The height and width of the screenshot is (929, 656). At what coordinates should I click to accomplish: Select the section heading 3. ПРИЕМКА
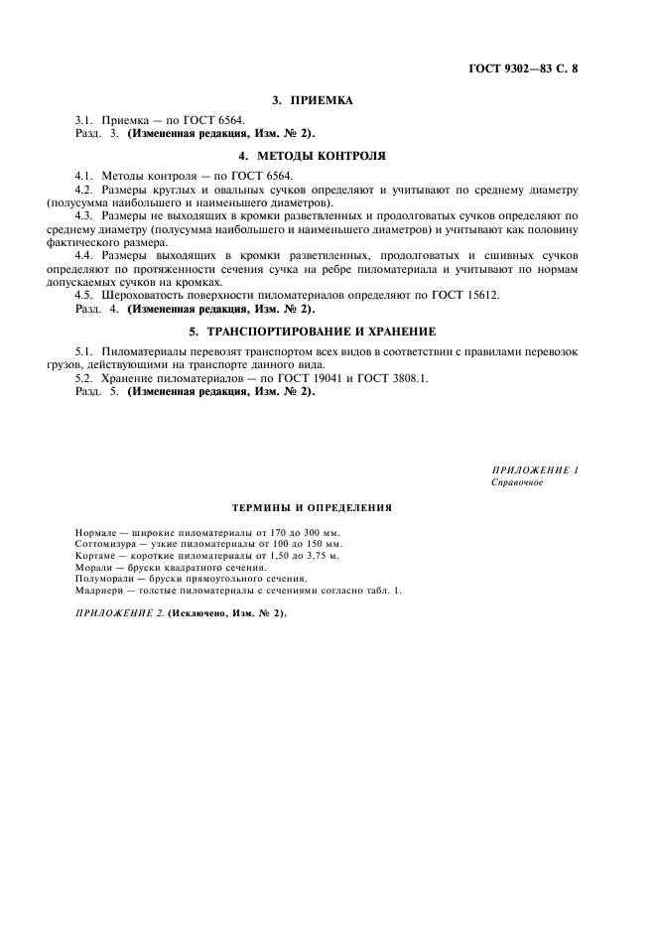coord(313,100)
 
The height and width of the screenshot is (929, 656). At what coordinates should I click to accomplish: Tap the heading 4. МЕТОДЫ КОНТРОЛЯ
coord(313,156)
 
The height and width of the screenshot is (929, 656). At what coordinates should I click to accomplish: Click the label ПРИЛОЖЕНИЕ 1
coord(535,469)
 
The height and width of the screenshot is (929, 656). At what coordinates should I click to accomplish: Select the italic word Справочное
coord(517,482)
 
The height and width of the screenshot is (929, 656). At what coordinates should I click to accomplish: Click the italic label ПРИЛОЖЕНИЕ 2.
coord(119,613)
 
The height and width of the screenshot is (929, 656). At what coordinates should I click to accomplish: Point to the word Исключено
coord(204,613)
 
